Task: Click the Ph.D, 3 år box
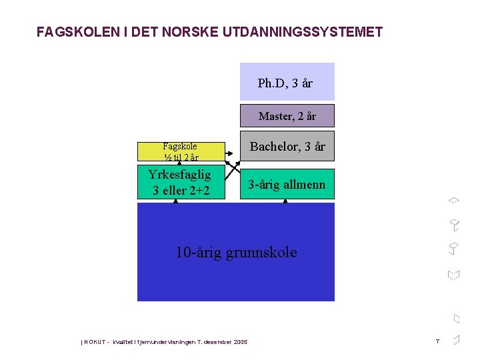pos(287,81)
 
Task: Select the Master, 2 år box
pos(287,116)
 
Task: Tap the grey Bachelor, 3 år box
pos(287,147)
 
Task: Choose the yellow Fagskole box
pos(180,151)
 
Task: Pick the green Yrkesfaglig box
pos(180,182)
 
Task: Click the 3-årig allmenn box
pos(287,185)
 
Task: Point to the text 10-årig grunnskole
pos(236,252)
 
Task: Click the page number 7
pos(437,341)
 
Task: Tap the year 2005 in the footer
pos(241,342)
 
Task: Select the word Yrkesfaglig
pos(180,175)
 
